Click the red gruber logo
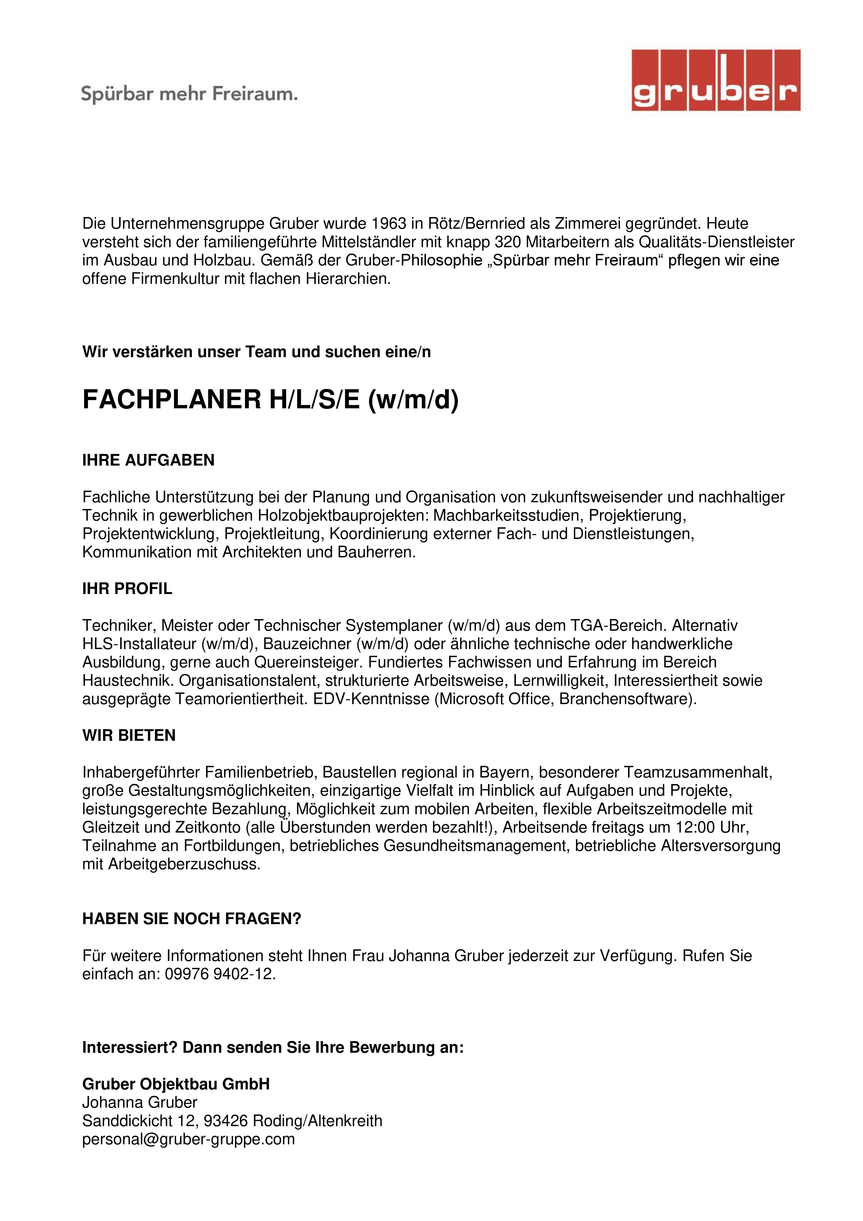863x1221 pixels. click(715, 80)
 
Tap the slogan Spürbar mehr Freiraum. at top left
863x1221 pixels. click(189, 95)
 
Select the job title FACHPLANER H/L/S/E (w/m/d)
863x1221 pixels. click(270, 400)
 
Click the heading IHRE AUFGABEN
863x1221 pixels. click(148, 461)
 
